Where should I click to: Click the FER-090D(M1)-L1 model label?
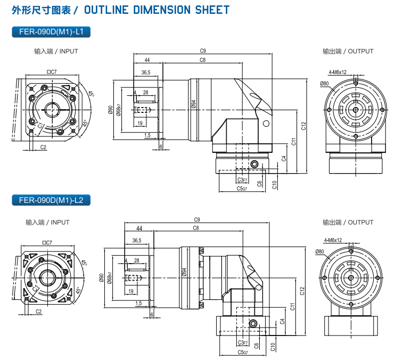(x=51, y=32)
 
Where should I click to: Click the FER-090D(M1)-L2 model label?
(x=51, y=201)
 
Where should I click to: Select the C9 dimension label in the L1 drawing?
(x=203, y=51)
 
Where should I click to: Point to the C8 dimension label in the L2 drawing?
(x=196, y=228)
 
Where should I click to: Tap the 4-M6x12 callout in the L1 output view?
(x=338, y=72)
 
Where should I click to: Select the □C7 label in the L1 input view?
(x=52, y=71)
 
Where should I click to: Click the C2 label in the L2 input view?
(x=39, y=311)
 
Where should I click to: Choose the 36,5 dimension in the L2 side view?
(x=136, y=241)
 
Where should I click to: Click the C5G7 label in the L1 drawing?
(x=242, y=189)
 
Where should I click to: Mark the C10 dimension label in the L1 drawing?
(x=274, y=185)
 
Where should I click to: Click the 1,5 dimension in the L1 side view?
(x=147, y=136)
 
